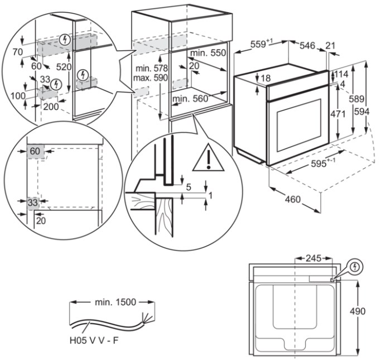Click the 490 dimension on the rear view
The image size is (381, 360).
click(x=366, y=311)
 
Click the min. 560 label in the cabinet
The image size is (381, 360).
click(x=190, y=99)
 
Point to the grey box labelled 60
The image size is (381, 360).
click(x=35, y=151)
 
